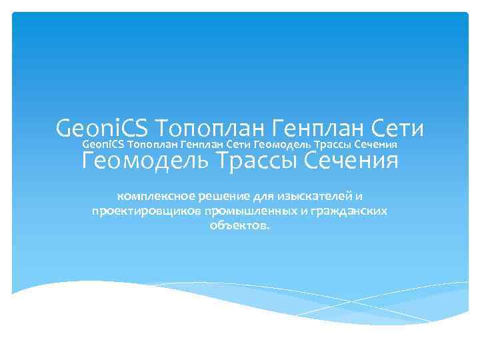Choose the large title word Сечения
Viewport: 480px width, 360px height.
pos(351,161)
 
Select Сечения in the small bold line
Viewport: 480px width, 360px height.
pos(376,144)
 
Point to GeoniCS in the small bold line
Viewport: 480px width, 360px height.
pos(103,144)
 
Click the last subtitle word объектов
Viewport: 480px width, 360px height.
pos(240,226)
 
